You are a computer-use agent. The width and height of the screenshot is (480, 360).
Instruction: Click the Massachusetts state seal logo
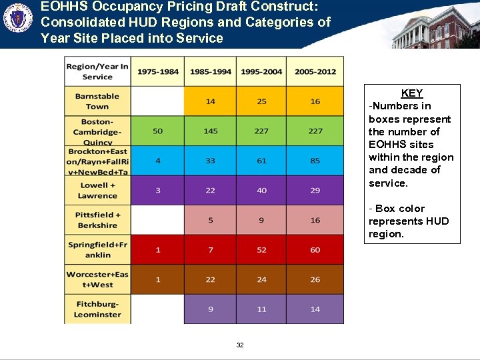(18, 19)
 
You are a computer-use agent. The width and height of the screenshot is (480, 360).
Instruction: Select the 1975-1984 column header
(157, 71)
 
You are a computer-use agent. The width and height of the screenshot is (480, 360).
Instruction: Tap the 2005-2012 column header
(315, 71)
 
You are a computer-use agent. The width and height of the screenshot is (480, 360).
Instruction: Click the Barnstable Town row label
(97, 101)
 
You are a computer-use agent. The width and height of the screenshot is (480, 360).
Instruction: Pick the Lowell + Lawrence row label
(97, 191)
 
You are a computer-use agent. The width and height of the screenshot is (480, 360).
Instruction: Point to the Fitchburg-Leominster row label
(97, 309)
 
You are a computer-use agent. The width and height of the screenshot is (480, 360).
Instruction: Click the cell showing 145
(211, 131)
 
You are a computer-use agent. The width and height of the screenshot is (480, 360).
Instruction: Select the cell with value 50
(157, 131)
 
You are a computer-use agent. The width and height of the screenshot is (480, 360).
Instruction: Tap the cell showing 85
(315, 161)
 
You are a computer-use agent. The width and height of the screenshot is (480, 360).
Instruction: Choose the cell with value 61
(262, 161)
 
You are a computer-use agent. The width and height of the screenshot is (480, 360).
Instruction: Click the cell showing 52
(262, 250)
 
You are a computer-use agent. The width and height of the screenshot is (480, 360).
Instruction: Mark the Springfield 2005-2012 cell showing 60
(315, 250)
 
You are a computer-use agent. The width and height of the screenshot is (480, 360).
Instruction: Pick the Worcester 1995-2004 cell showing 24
(262, 279)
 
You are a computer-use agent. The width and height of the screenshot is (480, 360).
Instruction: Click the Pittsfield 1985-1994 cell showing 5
(211, 220)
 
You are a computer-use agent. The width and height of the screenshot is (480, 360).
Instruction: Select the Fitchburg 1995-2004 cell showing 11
(262, 309)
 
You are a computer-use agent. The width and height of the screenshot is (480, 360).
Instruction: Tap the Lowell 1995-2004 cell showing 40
(262, 191)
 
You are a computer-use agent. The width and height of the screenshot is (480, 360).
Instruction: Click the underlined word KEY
(412, 93)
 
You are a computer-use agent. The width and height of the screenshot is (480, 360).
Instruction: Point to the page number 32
(240, 345)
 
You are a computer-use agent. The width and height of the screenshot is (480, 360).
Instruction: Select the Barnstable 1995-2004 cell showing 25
(262, 101)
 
